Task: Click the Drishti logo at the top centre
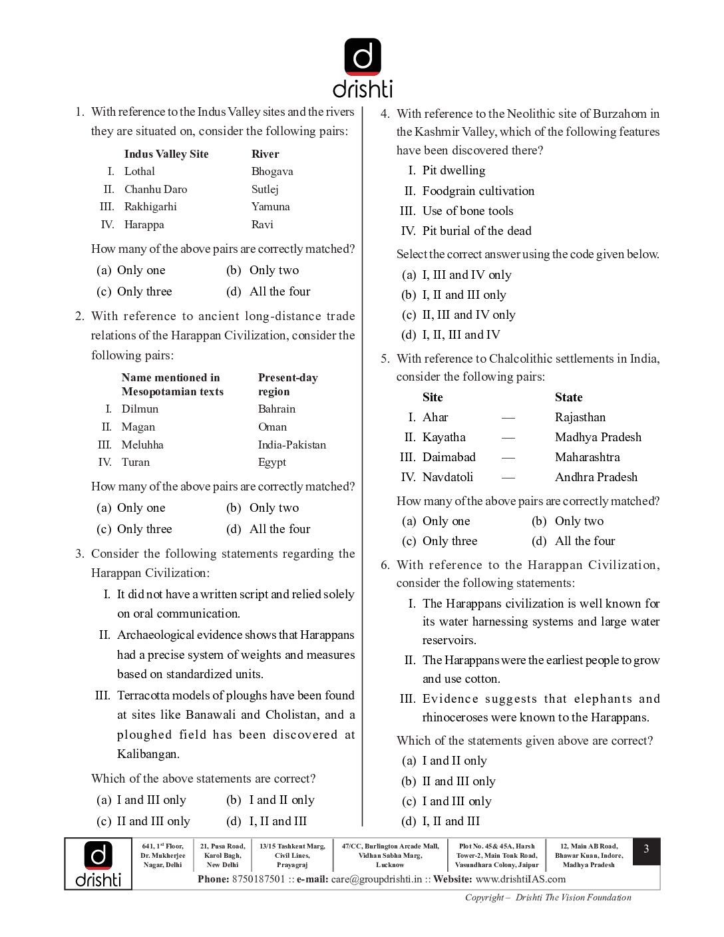363,67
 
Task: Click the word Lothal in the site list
140,172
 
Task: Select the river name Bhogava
272,172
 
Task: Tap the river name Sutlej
265,190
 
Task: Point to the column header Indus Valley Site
166,154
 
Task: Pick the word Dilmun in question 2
140,409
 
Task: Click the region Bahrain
277,409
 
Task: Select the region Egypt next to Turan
272,463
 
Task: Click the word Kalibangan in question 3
148,755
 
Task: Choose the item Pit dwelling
454,171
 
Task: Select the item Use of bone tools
468,211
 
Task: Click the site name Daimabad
449,457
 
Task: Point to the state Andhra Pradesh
596,477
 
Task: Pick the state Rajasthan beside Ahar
580,417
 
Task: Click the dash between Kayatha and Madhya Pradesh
508,438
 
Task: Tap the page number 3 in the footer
646,850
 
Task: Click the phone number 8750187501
258,879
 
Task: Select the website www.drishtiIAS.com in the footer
520,879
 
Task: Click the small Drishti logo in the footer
98,864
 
